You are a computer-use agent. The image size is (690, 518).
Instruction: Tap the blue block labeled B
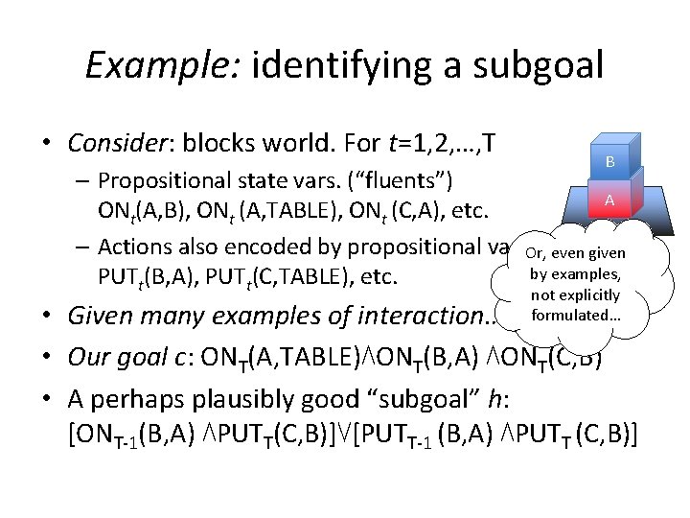click(609, 162)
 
